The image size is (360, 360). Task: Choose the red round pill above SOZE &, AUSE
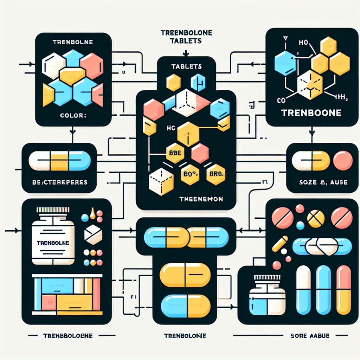coord(342,161)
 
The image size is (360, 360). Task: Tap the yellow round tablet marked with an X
coord(315,219)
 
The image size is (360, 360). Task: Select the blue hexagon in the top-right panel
coord(285,63)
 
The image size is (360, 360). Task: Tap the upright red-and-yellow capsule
coord(343,290)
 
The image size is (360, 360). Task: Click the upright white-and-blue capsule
coord(303,290)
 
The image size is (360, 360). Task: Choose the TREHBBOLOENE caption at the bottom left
coord(68,336)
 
